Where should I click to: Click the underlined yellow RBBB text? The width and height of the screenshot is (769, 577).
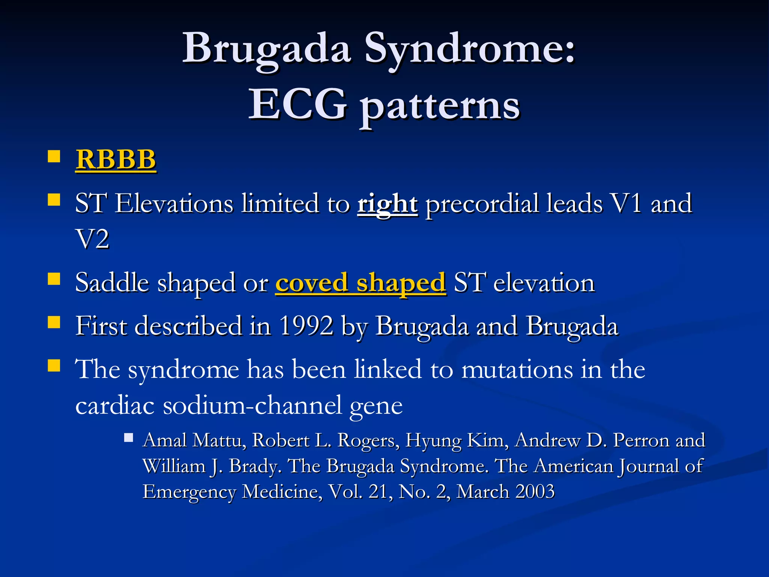pyautogui.click(x=116, y=159)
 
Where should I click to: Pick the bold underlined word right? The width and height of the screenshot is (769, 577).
pyautogui.click(x=387, y=204)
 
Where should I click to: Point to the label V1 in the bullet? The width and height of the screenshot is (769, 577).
pyautogui.click(x=626, y=203)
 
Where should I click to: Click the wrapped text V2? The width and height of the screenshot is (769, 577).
pyautogui.click(x=92, y=239)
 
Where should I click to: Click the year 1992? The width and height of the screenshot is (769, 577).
pyautogui.click(x=306, y=326)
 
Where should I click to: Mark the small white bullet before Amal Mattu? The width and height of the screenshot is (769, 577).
pyautogui.click(x=129, y=438)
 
